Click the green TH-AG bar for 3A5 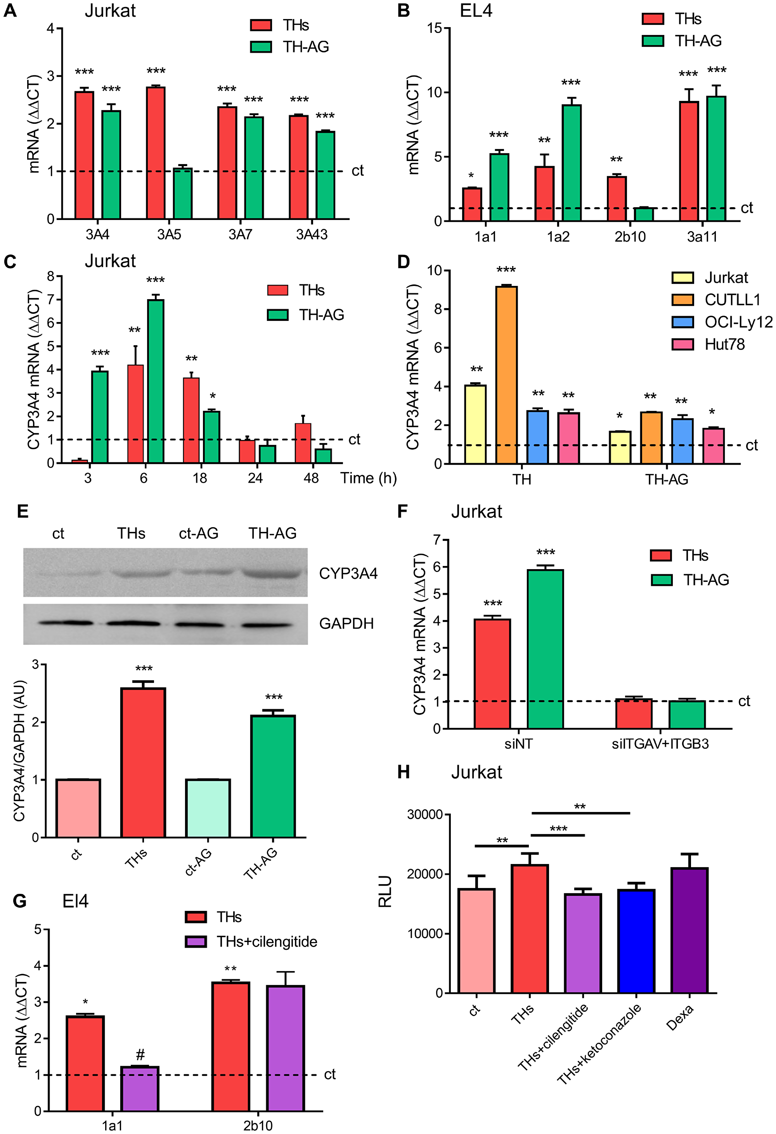[x=182, y=194]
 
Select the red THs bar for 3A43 [x=298, y=167]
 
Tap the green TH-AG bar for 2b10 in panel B [x=644, y=214]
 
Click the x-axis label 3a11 [x=702, y=237]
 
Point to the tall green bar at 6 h [x=156, y=381]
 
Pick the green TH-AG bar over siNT [x=545, y=649]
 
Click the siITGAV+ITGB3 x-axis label [x=660, y=744]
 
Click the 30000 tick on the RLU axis [x=424, y=815]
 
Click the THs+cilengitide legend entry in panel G [x=267, y=942]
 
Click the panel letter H [x=404, y=772]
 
